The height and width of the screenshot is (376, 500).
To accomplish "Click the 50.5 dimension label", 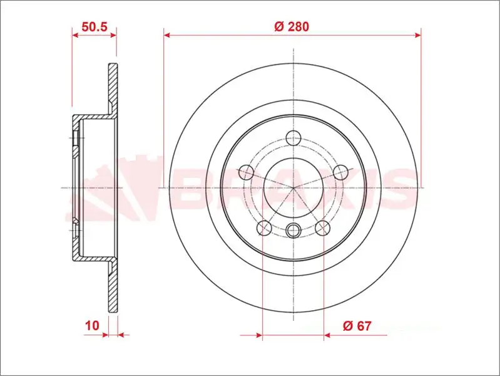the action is (94, 26).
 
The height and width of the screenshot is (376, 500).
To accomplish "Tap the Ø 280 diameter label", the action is (292, 26).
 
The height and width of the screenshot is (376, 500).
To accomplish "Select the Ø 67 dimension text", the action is (357, 326).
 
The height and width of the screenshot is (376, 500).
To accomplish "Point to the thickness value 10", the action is (92, 326).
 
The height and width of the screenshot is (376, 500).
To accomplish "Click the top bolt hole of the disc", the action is (293, 138).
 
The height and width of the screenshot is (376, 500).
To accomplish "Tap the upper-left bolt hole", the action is (247, 172).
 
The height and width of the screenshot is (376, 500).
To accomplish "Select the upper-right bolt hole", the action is (340, 172).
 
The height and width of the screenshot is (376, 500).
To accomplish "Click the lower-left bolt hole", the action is (264, 227).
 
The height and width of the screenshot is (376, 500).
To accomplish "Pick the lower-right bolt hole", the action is (322, 227).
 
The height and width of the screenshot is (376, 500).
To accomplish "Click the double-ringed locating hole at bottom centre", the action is (293, 230).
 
